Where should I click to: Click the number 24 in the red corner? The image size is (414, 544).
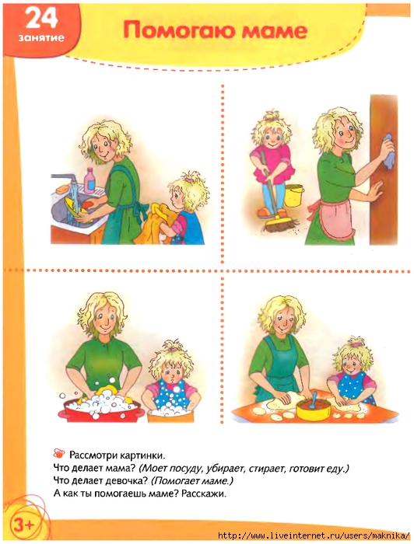[42, 18]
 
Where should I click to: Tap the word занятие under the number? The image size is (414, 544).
[42, 37]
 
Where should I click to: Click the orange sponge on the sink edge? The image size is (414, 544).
[62, 190]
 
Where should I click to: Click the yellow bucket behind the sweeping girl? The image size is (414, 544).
[293, 196]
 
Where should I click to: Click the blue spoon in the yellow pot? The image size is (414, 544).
[314, 399]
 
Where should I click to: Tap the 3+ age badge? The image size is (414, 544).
[23, 525]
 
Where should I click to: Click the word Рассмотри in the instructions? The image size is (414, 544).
[93, 455]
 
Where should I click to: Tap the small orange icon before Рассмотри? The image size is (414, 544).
[59, 453]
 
